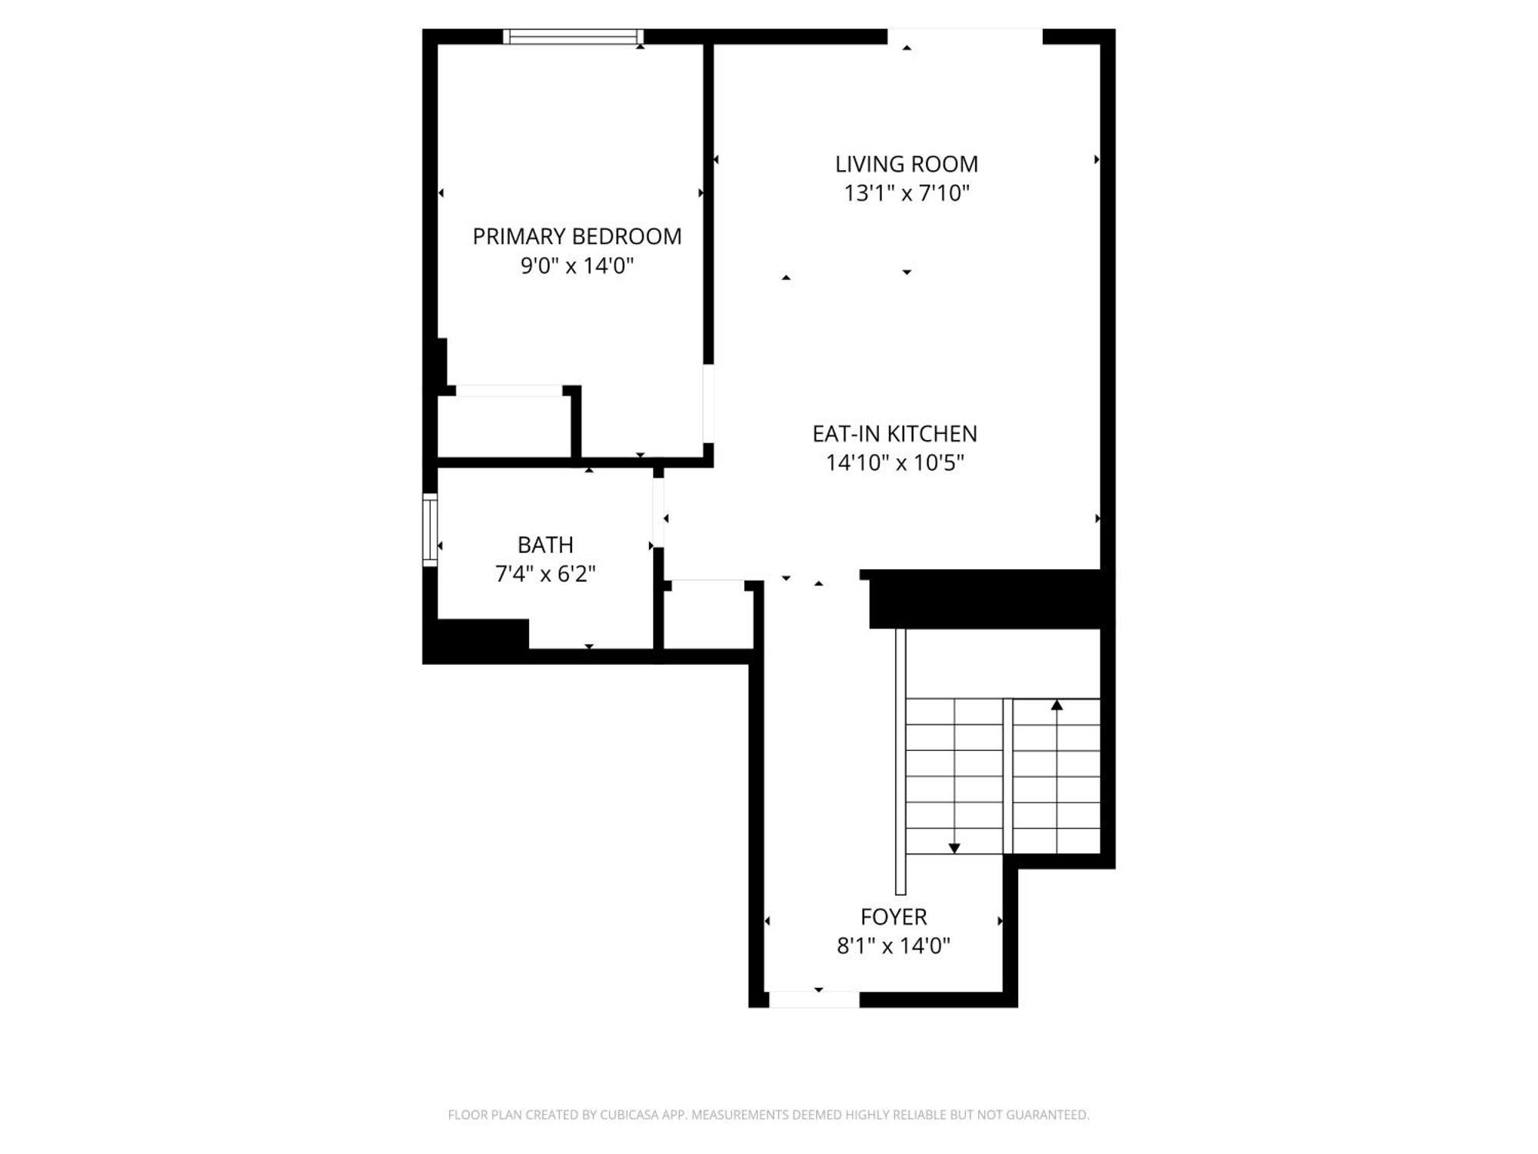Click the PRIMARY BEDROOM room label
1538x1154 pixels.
(577, 236)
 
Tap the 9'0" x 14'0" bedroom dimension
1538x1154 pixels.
(577, 265)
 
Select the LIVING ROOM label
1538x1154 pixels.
(907, 164)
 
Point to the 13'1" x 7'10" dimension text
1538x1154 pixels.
(907, 192)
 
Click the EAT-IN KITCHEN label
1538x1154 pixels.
(894, 434)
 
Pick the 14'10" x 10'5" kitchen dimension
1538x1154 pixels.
(894, 462)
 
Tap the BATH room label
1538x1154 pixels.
(545, 545)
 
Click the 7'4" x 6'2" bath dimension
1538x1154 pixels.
(545, 574)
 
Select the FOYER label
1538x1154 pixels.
(894, 917)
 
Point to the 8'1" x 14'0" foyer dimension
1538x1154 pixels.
(894, 946)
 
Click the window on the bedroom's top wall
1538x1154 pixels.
(573, 37)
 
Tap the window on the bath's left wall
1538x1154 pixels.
(430, 530)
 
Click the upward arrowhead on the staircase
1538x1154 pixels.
(1057, 705)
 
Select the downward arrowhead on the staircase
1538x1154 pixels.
(954, 848)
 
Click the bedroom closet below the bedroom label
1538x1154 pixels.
(504, 427)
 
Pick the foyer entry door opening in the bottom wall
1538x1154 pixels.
(814, 999)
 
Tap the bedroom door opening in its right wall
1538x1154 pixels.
(708, 403)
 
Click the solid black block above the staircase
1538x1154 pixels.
(988, 600)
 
